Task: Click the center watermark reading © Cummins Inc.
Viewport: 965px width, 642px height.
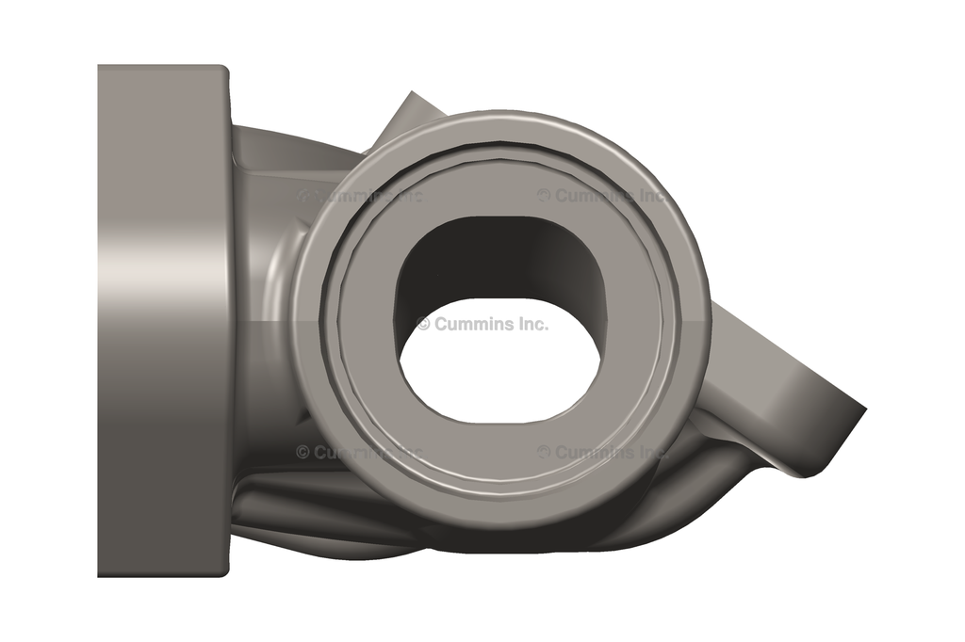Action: (482, 324)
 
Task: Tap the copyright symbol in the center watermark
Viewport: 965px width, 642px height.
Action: (423, 324)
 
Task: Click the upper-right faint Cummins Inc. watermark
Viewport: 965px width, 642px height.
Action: (603, 196)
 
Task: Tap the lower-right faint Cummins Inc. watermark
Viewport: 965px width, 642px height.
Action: (603, 452)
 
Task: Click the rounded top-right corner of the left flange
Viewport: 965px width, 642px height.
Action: (224, 71)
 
